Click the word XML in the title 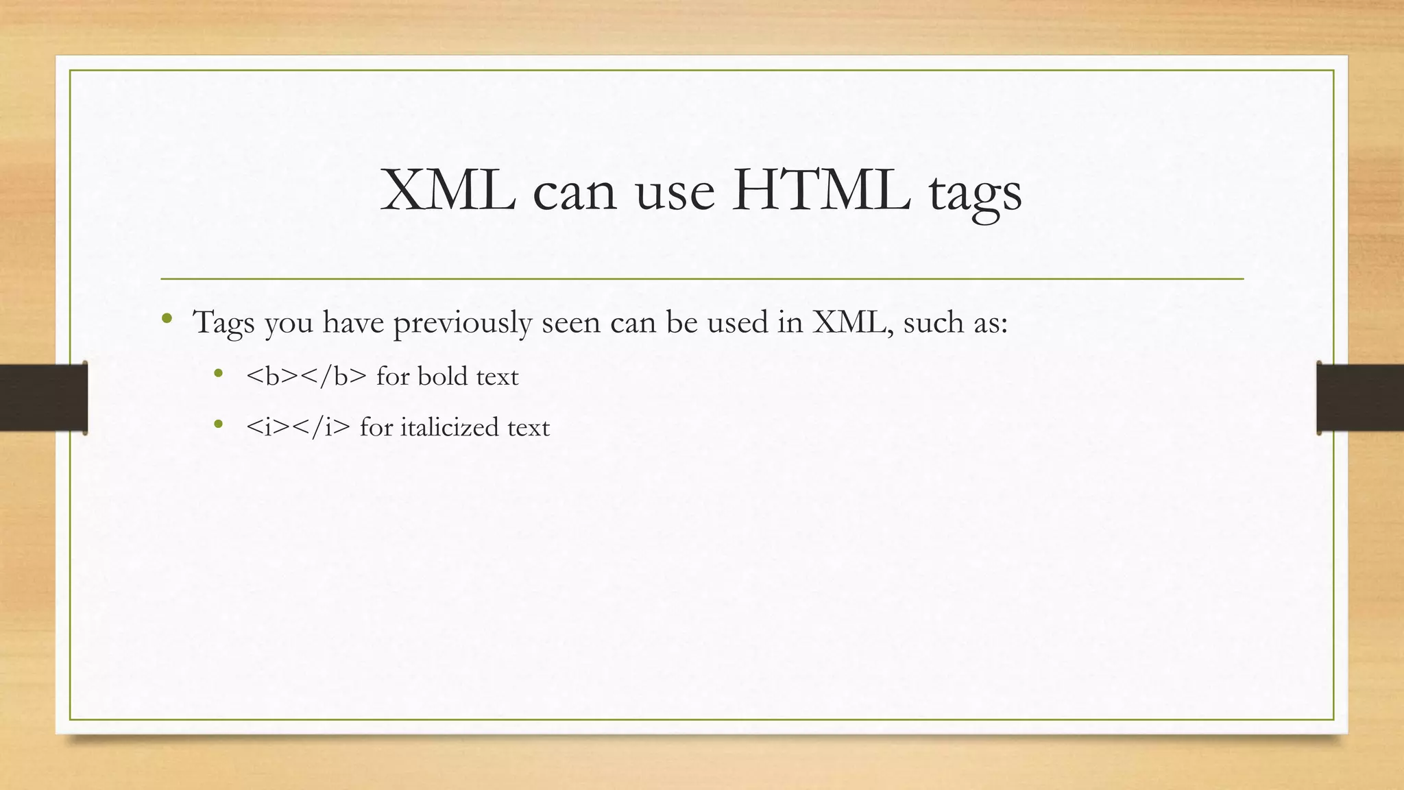[448, 190]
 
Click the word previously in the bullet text [462, 322]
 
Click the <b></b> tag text [306, 376]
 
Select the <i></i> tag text [298, 427]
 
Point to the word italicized [449, 427]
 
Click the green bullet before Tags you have [167, 318]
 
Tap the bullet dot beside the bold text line [219, 374]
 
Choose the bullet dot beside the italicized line [219, 424]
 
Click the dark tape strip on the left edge [43, 398]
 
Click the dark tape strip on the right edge [1360, 398]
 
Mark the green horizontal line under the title [702, 279]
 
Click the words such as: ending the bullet [956, 322]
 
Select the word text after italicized [528, 427]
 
